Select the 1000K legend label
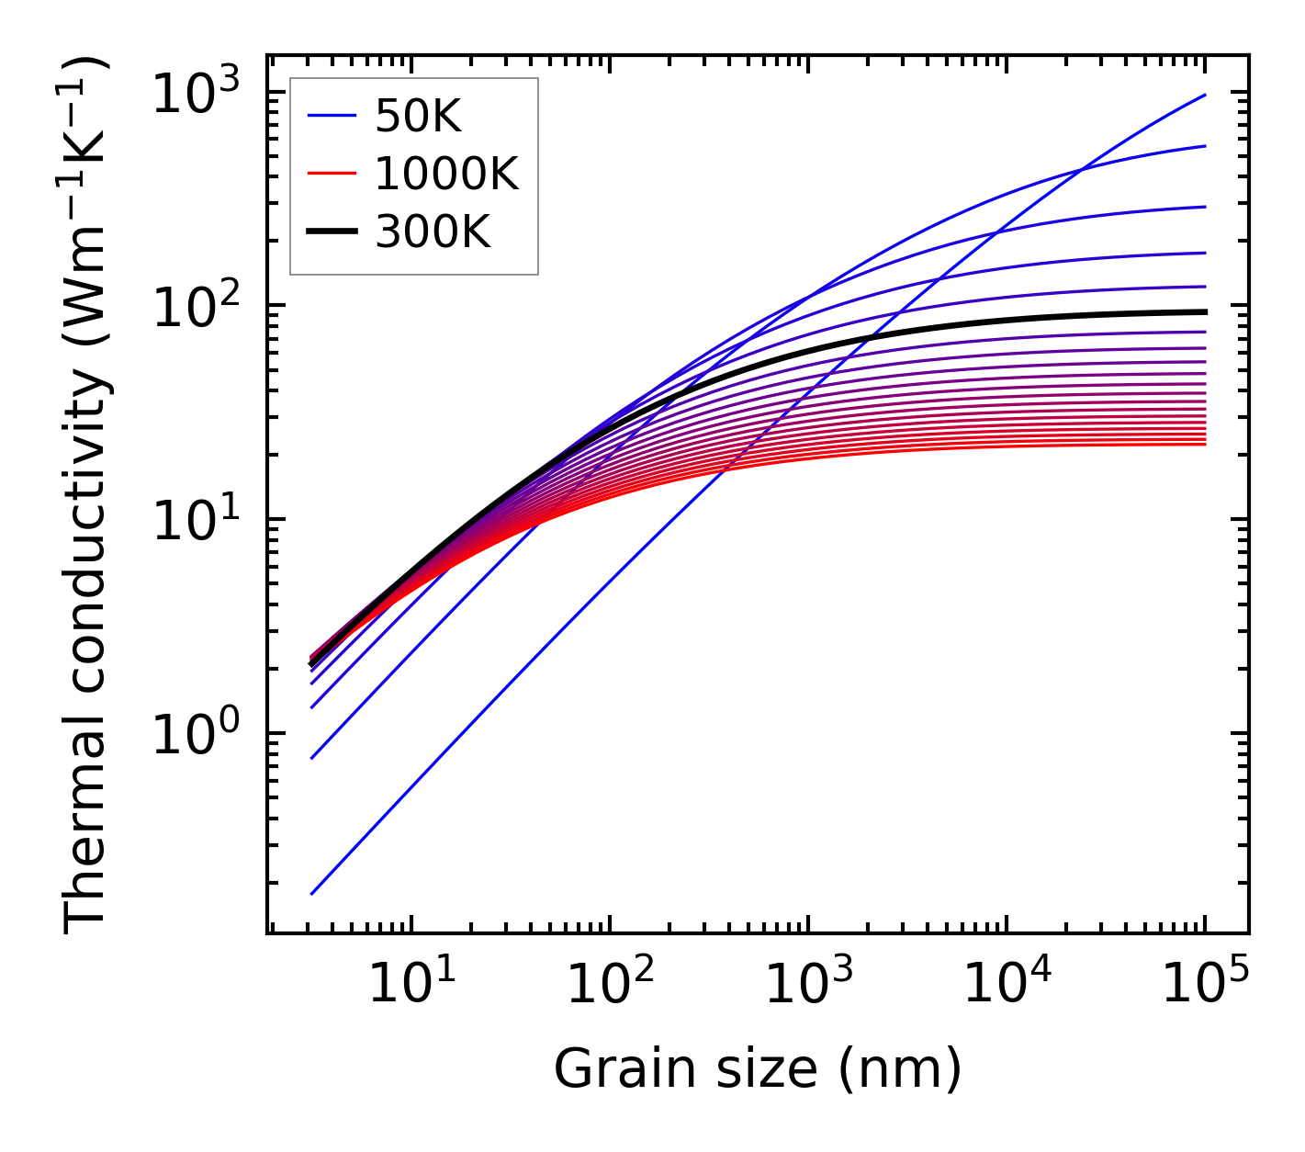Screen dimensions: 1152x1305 [446, 174]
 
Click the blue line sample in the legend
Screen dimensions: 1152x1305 [332, 116]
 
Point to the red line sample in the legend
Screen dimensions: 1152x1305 [332, 174]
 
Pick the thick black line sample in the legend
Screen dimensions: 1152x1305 [332, 232]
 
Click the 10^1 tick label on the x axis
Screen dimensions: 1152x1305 [411, 985]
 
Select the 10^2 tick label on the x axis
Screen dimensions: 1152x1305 [610, 985]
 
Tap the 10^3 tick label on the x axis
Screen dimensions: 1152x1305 [808, 985]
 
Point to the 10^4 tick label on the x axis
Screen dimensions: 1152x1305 [1007, 985]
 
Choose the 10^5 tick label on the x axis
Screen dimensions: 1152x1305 [1205, 985]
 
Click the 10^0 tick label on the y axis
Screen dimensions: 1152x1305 [195, 735]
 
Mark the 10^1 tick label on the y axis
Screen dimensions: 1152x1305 [195, 521]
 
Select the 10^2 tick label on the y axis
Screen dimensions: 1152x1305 [195, 307]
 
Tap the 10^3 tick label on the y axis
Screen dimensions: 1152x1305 [195, 93]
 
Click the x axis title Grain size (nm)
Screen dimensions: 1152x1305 [758, 1069]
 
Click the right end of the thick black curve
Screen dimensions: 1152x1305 [1205, 311]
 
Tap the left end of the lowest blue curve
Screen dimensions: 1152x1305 [312, 893]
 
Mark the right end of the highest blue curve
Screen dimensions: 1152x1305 [1205, 95]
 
